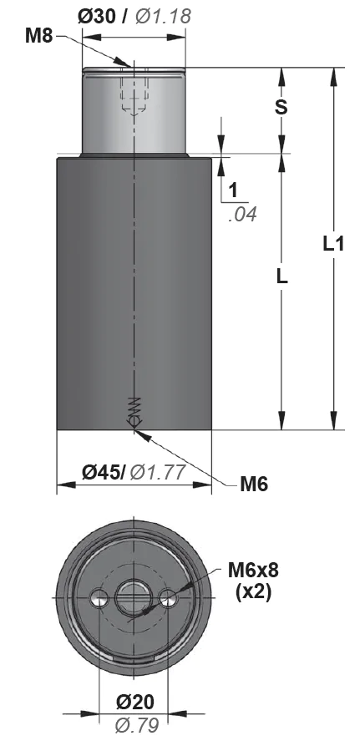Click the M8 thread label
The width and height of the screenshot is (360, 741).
coord(38,36)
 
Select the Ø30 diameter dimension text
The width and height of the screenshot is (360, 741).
coord(97,17)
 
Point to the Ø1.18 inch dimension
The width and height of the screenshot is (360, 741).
coord(163,17)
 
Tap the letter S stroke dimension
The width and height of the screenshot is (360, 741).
coord(281,107)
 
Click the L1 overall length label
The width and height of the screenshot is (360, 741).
coord(333,244)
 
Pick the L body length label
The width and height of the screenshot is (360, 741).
coord(281,277)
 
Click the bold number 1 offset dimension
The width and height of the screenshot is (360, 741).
coord(233,191)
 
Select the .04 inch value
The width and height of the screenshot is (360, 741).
coord(242,214)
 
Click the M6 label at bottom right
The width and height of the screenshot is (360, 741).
coord(254,484)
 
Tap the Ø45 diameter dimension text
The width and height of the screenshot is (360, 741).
coord(104,472)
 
